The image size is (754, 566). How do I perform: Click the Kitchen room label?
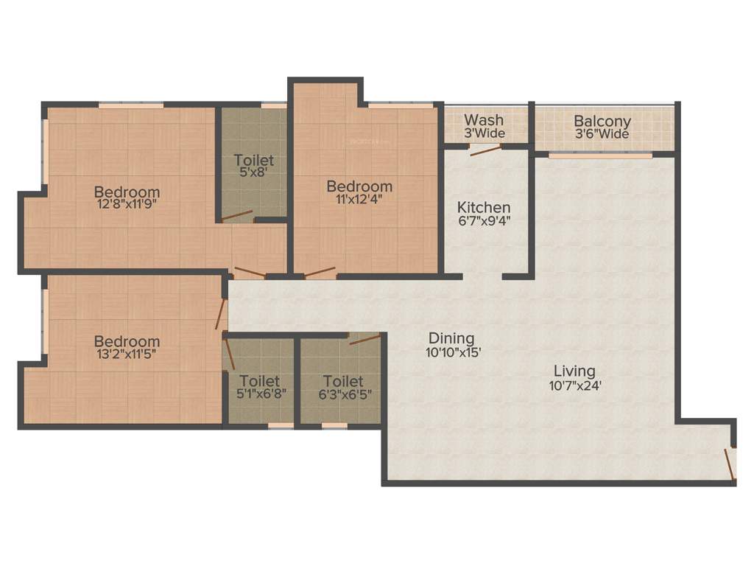click(484, 207)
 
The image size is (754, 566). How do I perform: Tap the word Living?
click(575, 371)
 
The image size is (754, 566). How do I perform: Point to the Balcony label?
click(602, 121)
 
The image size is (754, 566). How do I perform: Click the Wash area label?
click(484, 119)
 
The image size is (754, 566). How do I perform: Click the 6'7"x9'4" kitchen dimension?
click(484, 220)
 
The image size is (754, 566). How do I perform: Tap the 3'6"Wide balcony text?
click(602, 134)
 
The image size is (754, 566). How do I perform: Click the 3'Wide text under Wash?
click(484, 133)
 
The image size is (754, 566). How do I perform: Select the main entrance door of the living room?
click(730, 463)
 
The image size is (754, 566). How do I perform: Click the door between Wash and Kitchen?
click(486, 150)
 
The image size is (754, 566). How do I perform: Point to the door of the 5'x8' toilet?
click(237, 217)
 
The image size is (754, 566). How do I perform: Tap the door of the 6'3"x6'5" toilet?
click(364, 339)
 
